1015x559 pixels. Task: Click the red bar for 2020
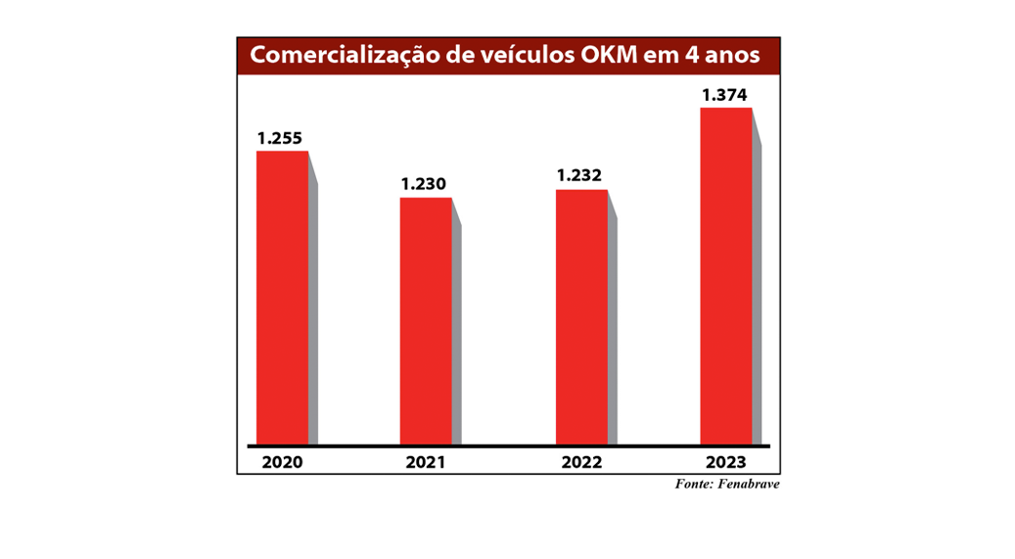coord(282,298)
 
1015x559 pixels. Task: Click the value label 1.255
coord(282,139)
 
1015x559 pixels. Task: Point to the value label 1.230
coord(425,184)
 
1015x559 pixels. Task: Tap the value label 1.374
coord(725,95)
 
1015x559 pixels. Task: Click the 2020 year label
coord(282,462)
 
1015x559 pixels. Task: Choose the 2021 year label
coord(426,462)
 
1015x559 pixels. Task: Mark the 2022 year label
coord(581,462)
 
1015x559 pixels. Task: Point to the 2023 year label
coord(725,462)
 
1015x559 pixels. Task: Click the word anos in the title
coord(735,56)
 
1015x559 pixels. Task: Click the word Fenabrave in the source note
coord(748,485)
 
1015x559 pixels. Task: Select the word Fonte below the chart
coord(692,485)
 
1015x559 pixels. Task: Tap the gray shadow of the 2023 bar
coord(757,294)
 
